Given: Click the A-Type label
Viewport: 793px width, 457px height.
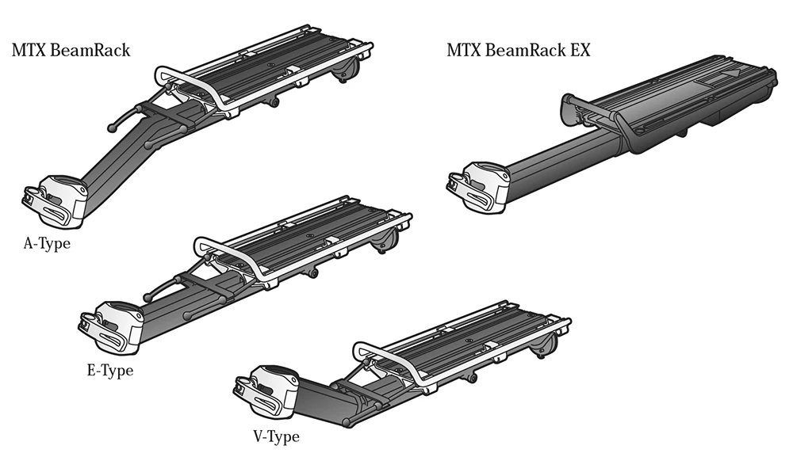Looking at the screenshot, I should [47, 243].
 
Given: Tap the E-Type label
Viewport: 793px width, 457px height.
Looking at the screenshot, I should [109, 370].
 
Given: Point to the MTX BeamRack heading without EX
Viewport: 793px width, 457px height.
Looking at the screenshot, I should [71, 51].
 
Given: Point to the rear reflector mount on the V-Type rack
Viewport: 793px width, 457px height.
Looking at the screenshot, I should [546, 341].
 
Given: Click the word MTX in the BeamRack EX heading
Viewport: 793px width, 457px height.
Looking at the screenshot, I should [465, 51].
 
